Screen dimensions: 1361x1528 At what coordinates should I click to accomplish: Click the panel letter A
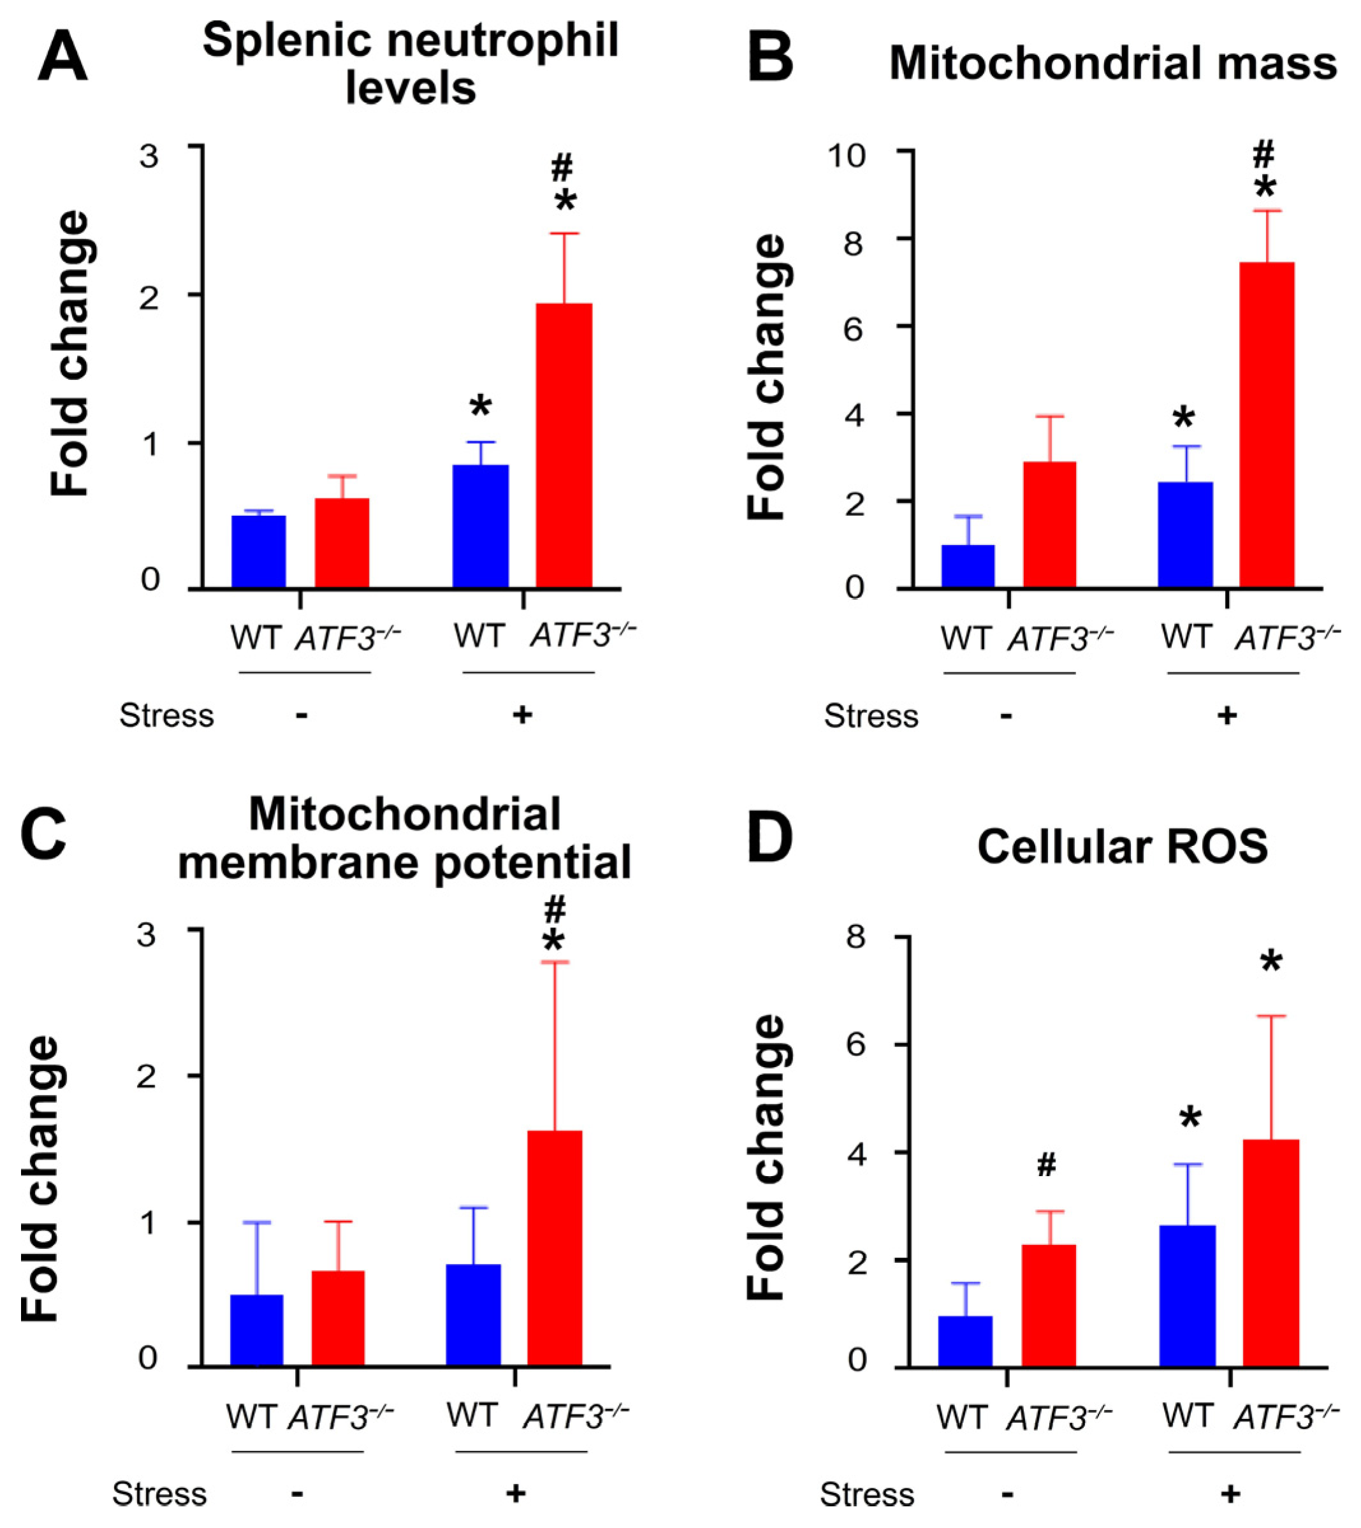(x=63, y=57)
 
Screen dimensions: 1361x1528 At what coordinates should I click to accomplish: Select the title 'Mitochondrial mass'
(x=1113, y=64)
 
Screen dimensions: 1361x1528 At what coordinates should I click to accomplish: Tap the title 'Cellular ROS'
(x=1123, y=847)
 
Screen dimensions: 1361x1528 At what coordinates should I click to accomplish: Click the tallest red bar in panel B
(x=1267, y=425)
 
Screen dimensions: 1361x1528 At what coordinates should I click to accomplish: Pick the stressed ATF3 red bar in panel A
(x=565, y=446)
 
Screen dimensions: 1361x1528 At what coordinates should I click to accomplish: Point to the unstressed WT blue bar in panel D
(x=965, y=1342)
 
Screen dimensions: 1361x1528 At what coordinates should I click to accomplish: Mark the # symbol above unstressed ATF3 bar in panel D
(x=1046, y=1165)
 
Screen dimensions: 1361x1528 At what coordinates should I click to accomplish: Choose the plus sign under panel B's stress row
(x=1226, y=716)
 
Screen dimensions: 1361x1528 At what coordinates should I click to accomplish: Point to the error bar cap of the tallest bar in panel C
(x=555, y=961)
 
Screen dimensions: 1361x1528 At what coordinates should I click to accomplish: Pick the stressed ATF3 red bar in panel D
(x=1270, y=1253)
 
